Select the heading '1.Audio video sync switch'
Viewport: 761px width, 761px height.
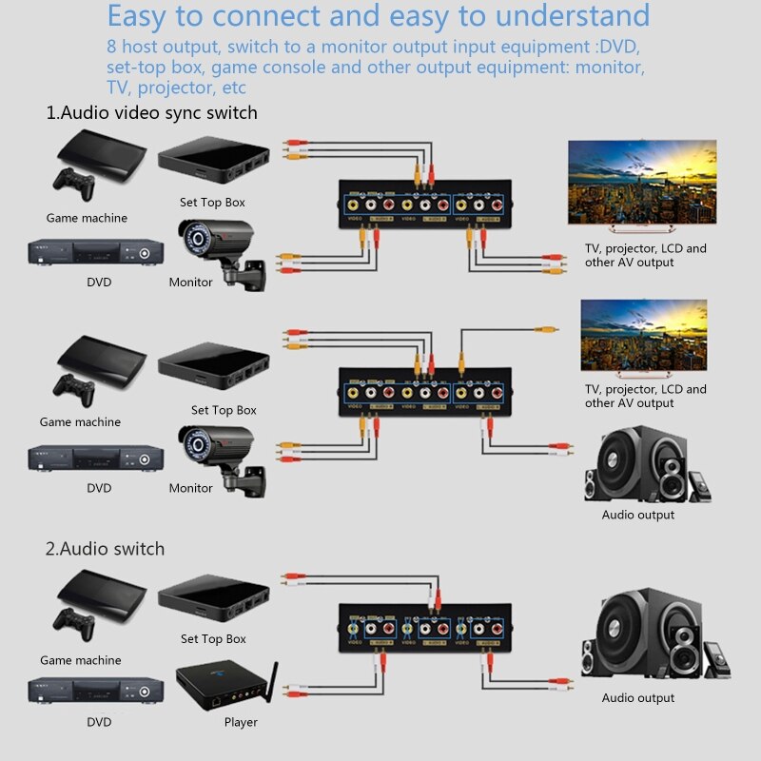pos(152,112)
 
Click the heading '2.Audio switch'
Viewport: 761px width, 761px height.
pos(105,549)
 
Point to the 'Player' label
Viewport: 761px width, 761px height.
pos(241,722)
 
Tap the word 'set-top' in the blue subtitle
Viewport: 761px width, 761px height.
pos(138,68)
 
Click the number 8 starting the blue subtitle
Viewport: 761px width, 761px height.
pos(113,48)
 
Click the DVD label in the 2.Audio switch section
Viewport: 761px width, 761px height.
pos(98,722)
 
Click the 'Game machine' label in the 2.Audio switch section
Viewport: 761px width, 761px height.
pos(80,660)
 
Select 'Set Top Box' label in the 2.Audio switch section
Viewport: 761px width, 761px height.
pos(213,639)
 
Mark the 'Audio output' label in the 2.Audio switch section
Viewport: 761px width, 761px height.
pos(637,698)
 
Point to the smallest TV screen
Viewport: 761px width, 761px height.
pos(643,335)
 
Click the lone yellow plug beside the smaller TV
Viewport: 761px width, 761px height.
pos(545,328)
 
